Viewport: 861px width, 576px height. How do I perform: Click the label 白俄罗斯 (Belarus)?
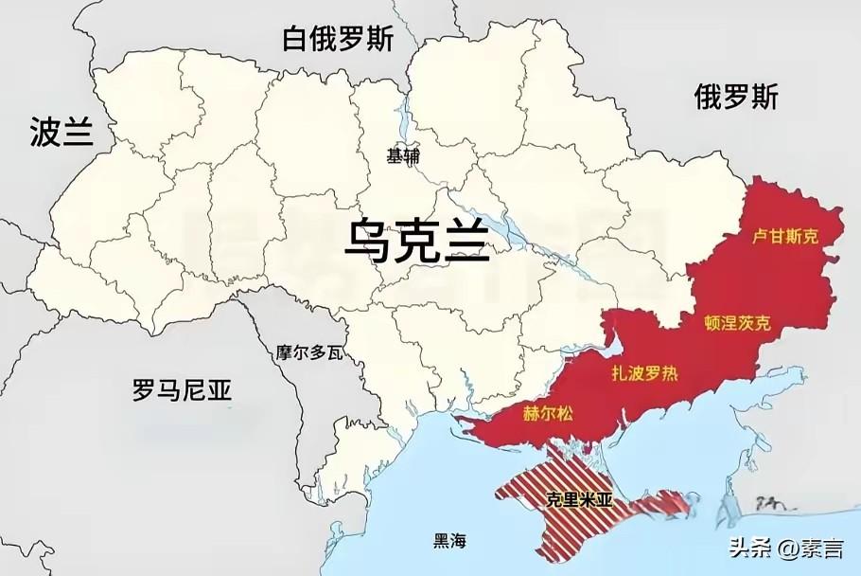point(338,39)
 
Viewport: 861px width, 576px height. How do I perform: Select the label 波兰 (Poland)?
point(61,132)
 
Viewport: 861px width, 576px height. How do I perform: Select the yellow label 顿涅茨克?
point(738,323)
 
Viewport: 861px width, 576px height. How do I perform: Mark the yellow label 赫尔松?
point(547,413)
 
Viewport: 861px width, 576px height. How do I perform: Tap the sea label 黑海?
point(450,542)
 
